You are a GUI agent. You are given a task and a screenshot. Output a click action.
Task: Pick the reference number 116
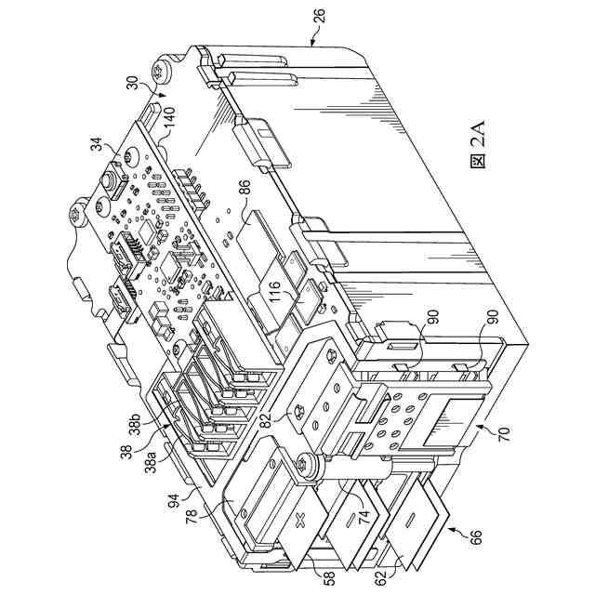point(274,296)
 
